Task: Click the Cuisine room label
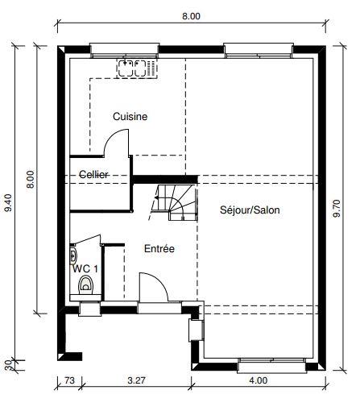(x=130, y=117)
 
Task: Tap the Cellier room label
(x=94, y=175)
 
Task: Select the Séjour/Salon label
(x=250, y=210)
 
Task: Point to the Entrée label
(x=159, y=249)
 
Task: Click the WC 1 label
(x=85, y=268)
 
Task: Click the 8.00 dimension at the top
(x=190, y=15)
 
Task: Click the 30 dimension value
(x=9, y=363)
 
